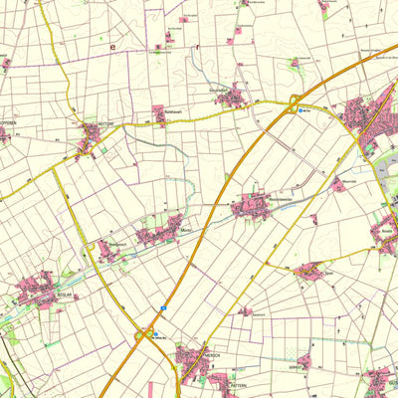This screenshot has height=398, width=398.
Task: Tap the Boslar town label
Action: (39, 296)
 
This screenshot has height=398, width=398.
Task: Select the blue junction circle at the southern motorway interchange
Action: (156, 335)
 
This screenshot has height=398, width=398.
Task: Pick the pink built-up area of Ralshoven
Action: (159, 115)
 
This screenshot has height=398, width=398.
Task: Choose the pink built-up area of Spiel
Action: (308, 271)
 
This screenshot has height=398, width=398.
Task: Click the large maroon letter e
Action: (112, 46)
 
